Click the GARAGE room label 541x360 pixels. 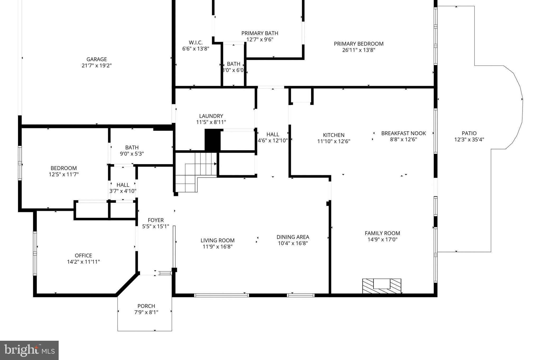click(96, 59)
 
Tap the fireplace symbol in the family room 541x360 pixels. click(381, 286)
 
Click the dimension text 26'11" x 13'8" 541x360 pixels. click(358, 50)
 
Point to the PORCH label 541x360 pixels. click(146, 306)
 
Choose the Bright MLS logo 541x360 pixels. click(29, 350)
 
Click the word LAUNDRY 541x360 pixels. click(211, 116)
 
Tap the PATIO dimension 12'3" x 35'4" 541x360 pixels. click(469, 140)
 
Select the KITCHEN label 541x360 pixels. click(334, 135)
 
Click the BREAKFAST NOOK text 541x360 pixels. click(403, 133)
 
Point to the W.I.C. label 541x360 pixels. click(195, 42)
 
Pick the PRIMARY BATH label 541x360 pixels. click(260, 33)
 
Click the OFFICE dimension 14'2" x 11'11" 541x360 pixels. click(83, 262)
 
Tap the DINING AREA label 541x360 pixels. click(293, 237)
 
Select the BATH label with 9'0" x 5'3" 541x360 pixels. click(132, 147)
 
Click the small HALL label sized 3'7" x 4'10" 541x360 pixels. click(123, 185)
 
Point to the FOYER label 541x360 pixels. click(156, 220)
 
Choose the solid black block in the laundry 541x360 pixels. click(212, 140)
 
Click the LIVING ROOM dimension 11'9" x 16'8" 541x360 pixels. click(217, 247)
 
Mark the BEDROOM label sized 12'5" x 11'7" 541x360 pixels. click(64, 168)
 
